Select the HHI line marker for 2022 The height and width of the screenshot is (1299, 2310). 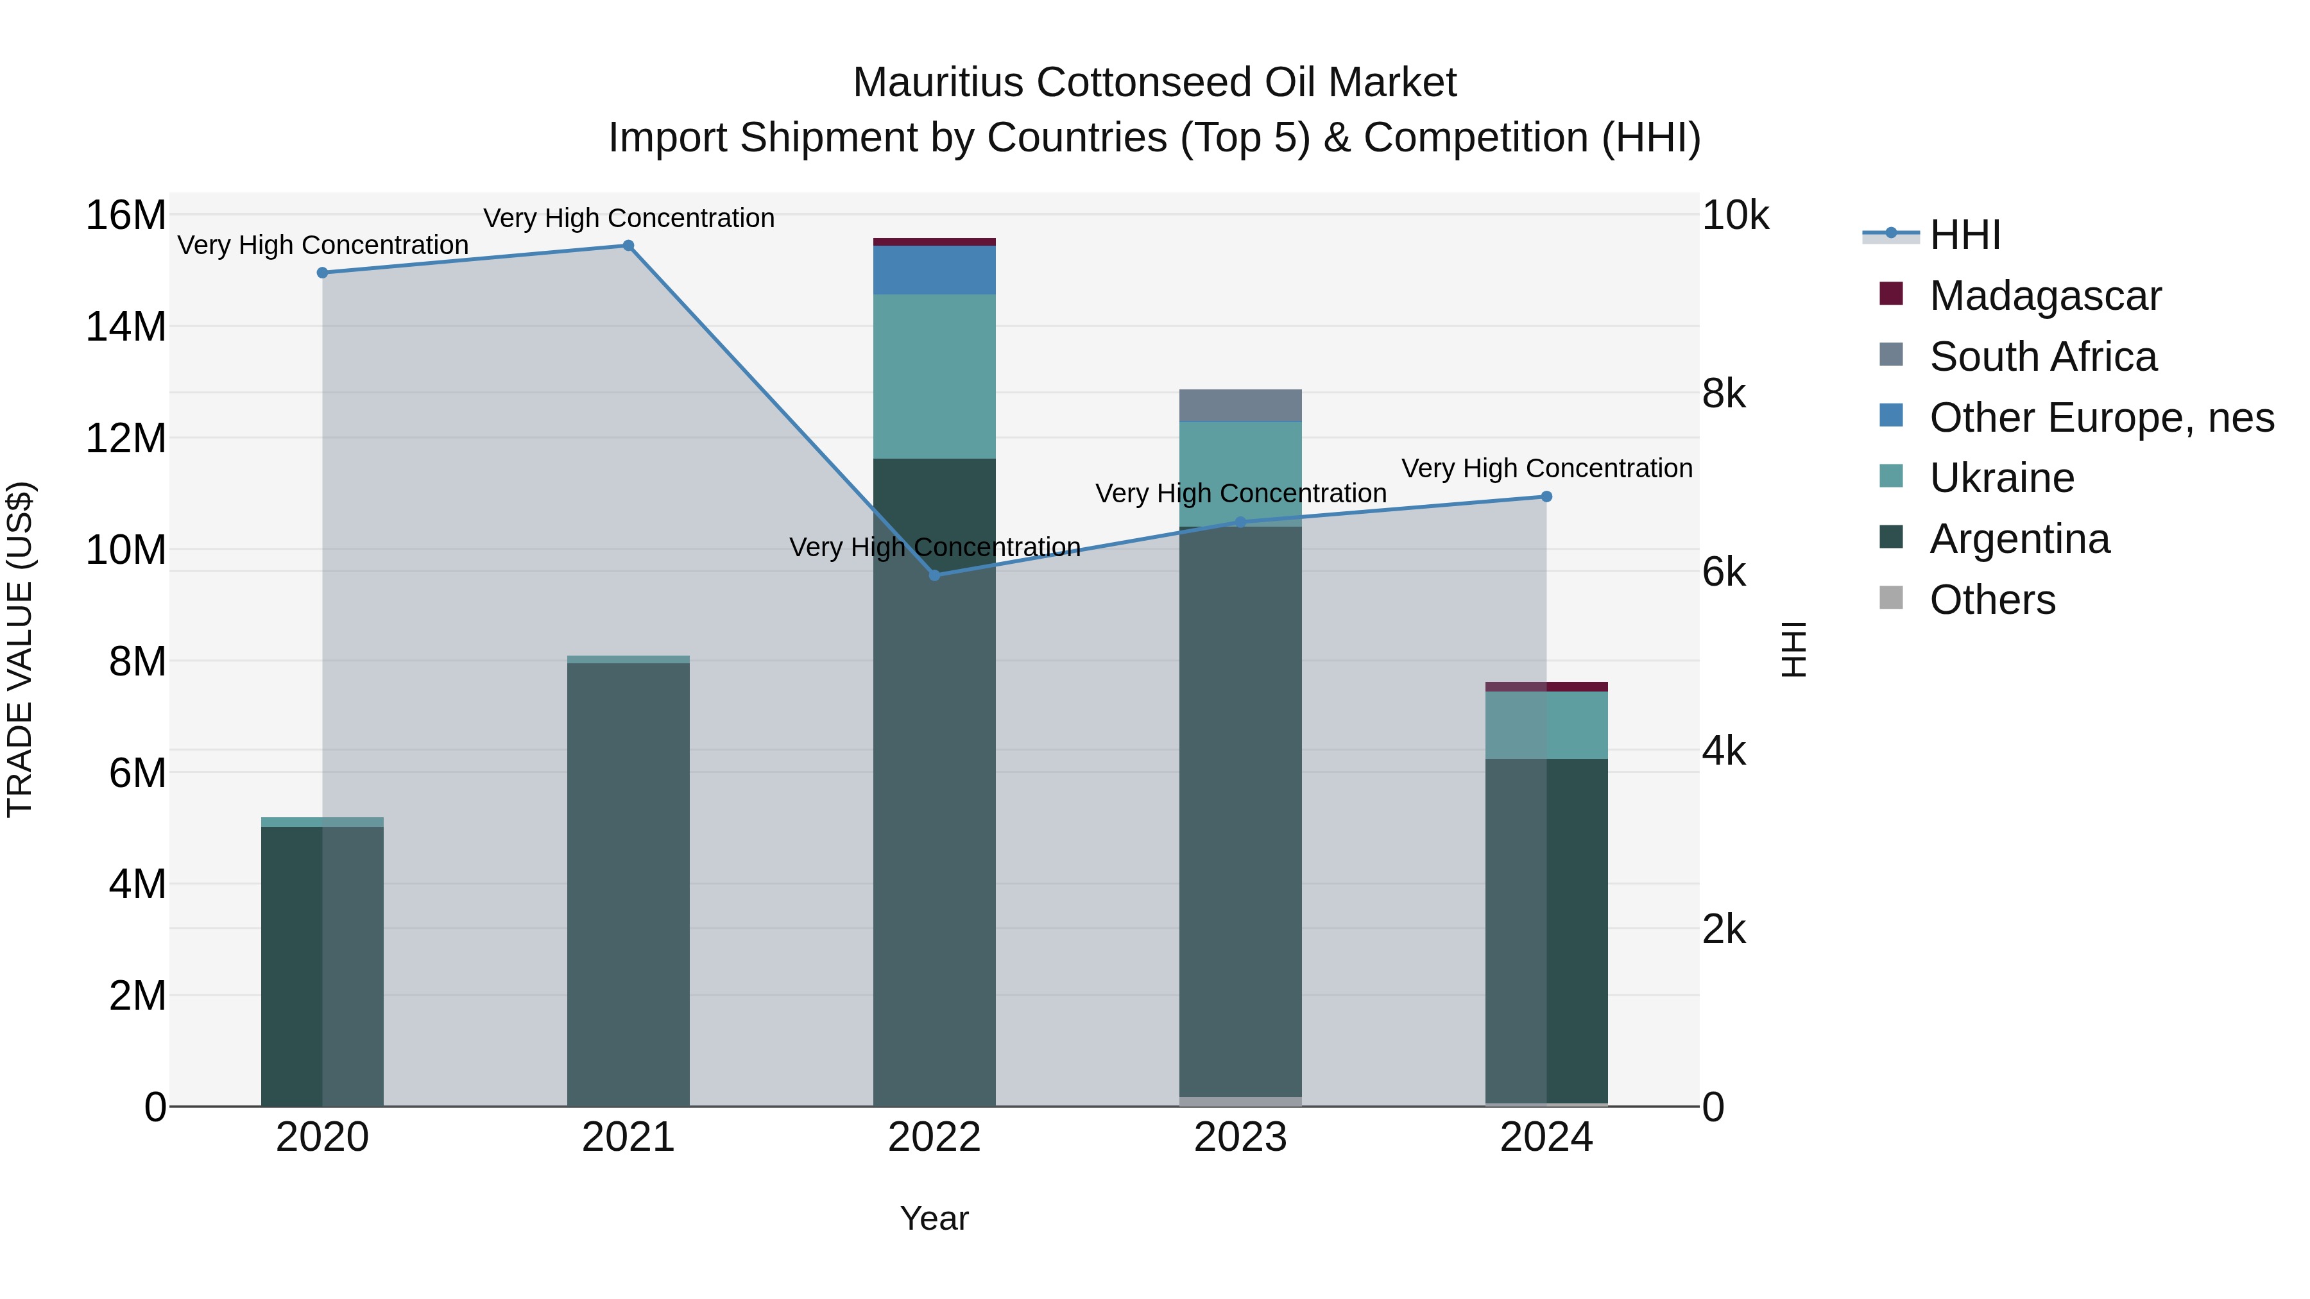[934, 575]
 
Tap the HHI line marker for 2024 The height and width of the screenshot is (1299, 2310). [1546, 496]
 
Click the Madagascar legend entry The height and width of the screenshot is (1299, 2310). [2044, 296]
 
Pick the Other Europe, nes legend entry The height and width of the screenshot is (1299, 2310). [2101, 418]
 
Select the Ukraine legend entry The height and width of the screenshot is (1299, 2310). [2001, 478]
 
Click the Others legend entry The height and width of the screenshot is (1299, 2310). [1992, 600]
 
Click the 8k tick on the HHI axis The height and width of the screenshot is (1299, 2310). [1724, 394]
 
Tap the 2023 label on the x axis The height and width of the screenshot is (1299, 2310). [1240, 1137]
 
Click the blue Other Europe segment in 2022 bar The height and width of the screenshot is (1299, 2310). [934, 270]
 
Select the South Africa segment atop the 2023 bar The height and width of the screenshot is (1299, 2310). [1240, 405]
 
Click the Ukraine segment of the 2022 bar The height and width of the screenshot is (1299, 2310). [934, 377]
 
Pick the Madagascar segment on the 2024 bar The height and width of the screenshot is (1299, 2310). [1546, 686]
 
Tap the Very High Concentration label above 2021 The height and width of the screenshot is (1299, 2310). [629, 218]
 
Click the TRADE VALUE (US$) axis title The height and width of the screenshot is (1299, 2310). [20, 649]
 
